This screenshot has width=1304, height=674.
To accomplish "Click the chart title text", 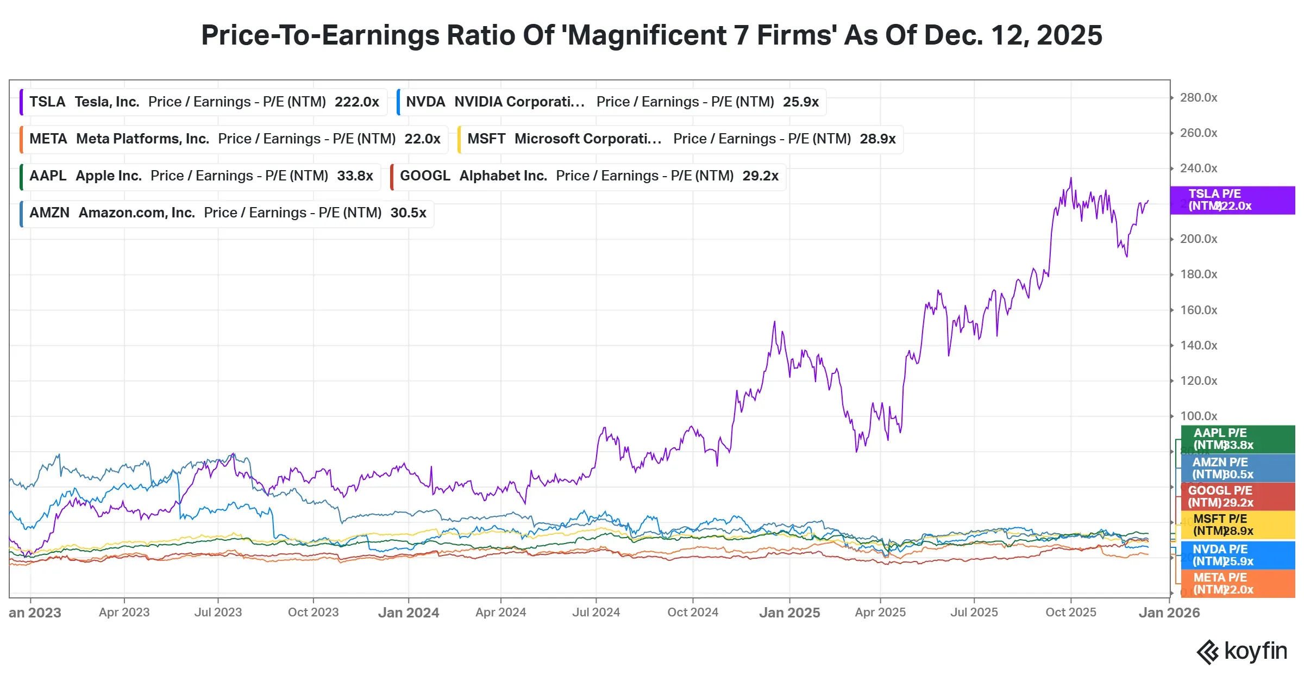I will click(651, 35).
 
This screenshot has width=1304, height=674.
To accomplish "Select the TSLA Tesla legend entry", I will click(204, 102).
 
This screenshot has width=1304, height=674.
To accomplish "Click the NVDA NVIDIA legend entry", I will click(612, 102).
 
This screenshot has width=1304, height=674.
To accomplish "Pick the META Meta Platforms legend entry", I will click(234, 139).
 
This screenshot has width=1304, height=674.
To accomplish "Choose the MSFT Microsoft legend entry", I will click(681, 139).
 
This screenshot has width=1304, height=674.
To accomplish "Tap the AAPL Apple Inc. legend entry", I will click(200, 176).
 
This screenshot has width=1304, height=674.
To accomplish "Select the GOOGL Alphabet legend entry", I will click(588, 176).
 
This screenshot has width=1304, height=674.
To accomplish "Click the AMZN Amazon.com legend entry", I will click(227, 213).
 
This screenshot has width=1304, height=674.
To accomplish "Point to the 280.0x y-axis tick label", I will click(1198, 98).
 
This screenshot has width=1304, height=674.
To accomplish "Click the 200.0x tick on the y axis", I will click(1198, 239).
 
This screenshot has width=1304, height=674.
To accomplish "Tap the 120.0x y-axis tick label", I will click(1198, 381).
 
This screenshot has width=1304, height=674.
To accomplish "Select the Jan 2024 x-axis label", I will click(409, 613).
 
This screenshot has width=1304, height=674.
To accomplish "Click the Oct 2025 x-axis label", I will click(1070, 613).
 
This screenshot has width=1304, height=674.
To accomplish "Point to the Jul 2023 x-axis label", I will click(218, 613).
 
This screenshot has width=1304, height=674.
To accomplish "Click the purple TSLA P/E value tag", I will click(1232, 200).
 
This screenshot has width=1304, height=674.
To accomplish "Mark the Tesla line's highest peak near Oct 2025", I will click(1071, 178).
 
